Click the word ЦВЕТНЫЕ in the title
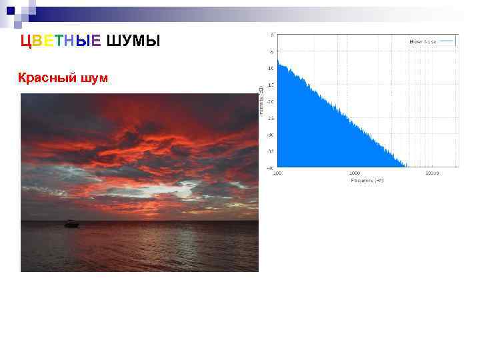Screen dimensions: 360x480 click(61, 41)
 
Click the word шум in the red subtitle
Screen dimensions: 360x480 click(94, 79)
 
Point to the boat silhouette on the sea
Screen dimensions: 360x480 click(71, 224)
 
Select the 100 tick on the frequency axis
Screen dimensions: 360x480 click(277, 173)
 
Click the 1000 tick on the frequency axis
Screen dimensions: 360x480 click(354, 173)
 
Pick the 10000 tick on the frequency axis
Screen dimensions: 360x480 click(431, 173)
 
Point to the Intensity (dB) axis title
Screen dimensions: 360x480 click(261, 100)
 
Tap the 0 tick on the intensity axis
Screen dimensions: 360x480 click(271, 35)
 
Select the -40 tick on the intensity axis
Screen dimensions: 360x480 click(270, 167)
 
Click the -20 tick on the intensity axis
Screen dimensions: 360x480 click(270, 101)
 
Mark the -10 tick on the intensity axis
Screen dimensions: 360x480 click(270, 68)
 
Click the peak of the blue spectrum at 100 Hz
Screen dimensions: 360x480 click(278, 62)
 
